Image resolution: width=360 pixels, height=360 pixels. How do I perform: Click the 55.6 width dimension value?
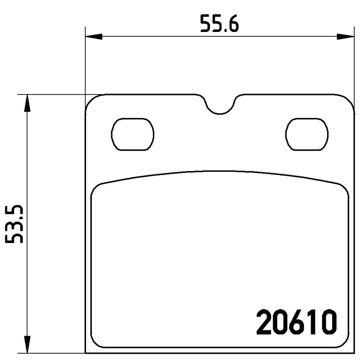(219, 23)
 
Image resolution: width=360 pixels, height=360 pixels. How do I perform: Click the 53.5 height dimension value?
(14, 224)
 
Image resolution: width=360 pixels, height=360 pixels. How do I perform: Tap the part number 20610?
(297, 322)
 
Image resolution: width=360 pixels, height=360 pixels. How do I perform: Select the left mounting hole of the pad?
(132, 134)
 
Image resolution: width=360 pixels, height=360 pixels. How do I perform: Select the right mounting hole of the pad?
(307, 134)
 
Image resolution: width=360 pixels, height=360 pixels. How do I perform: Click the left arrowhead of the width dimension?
(94, 36)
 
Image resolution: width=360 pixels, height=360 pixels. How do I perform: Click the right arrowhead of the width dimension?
(345, 36)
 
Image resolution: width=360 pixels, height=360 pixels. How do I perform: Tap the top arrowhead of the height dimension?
(27, 103)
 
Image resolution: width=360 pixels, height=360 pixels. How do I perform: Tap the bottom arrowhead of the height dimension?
(27, 344)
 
